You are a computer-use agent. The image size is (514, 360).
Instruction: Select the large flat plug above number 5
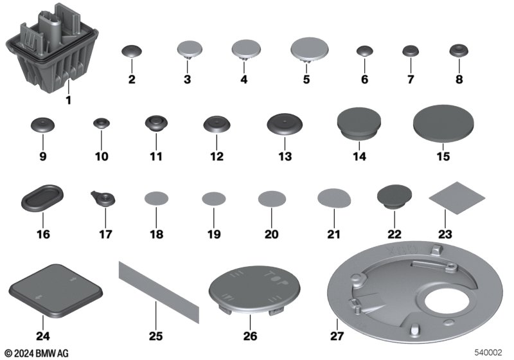309,50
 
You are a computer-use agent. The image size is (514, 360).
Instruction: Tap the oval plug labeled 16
42,198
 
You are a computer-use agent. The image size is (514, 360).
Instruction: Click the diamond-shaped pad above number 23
457,198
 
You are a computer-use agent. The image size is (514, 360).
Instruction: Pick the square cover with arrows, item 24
56,291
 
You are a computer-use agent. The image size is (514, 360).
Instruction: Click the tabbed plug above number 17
103,198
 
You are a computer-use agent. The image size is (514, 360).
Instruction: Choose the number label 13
285,156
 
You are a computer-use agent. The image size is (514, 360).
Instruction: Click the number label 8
459,79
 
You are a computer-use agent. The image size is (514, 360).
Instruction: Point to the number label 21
333,234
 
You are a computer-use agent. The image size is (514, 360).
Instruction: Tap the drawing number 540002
488,352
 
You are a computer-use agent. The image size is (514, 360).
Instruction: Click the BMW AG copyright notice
37,353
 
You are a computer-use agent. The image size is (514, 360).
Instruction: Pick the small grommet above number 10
102,123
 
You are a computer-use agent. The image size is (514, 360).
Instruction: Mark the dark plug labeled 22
394,197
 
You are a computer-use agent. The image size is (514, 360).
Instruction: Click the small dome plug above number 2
132,51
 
